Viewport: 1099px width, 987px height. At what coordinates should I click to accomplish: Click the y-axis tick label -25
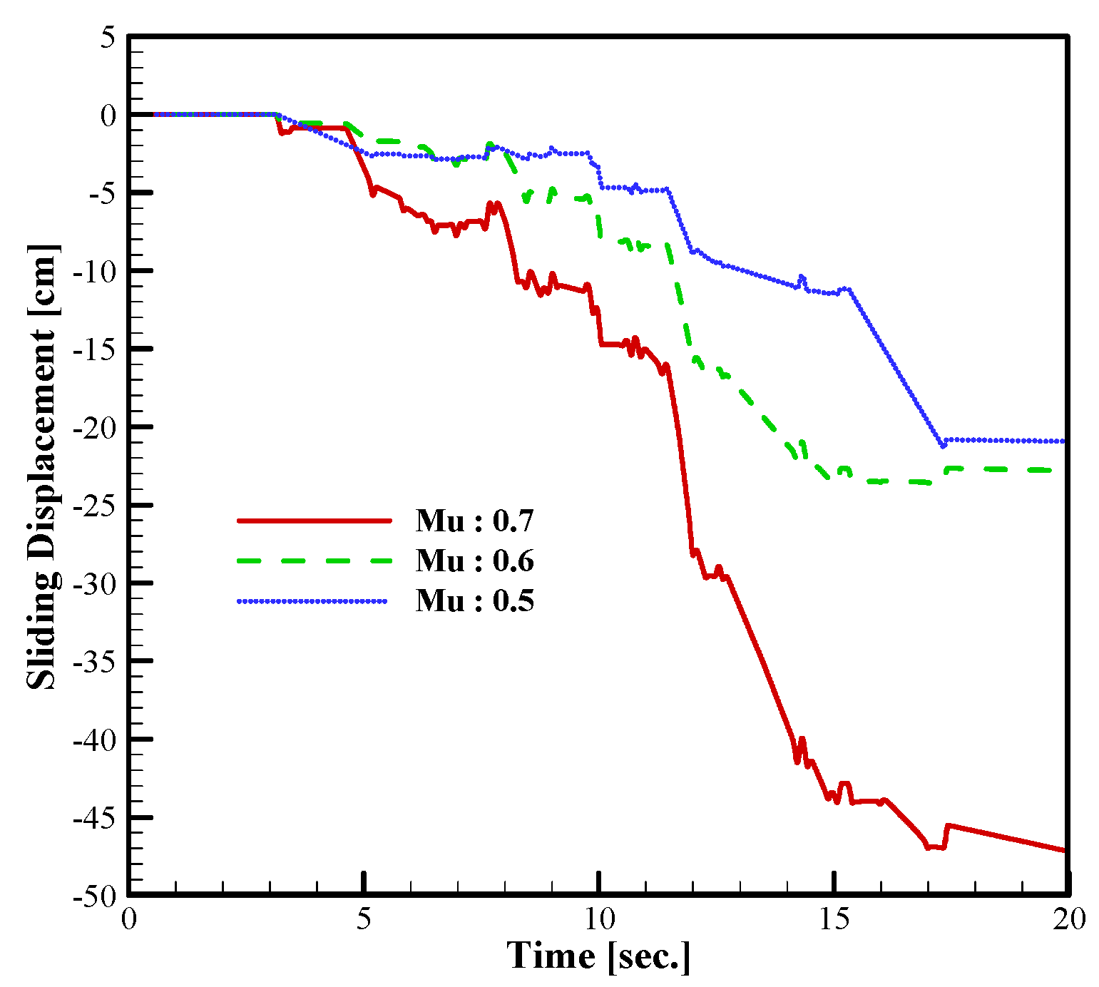click(x=96, y=506)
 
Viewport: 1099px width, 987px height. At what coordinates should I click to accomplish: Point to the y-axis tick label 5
click(x=107, y=37)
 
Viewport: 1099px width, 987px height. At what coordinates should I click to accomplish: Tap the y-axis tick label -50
click(x=96, y=896)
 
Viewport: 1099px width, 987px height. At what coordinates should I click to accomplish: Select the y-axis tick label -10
click(x=96, y=272)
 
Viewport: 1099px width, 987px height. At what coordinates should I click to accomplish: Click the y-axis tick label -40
click(x=96, y=740)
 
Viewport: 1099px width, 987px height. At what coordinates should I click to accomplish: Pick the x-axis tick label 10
click(x=599, y=919)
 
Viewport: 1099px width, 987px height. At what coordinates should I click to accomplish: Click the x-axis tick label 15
click(x=834, y=919)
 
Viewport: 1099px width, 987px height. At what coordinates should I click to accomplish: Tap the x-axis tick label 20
click(x=1068, y=919)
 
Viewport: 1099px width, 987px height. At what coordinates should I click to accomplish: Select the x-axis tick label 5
click(x=364, y=919)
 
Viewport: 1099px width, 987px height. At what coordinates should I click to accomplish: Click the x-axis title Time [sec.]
click(x=598, y=956)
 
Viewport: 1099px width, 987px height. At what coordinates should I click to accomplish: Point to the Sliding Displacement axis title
click(x=42, y=467)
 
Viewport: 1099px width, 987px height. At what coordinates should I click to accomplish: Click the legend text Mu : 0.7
click(x=474, y=521)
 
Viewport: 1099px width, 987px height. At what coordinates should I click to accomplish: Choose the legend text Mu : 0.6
click(x=474, y=561)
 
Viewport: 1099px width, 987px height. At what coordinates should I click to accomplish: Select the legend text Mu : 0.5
click(x=474, y=600)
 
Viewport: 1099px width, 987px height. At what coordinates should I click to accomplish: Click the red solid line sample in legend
click(x=314, y=521)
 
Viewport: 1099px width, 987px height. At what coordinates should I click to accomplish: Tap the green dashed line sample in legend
click(x=314, y=561)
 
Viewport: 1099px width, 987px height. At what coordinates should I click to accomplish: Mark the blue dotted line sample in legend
click(x=314, y=601)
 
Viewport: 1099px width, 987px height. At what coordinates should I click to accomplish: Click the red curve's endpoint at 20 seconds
click(x=1065, y=850)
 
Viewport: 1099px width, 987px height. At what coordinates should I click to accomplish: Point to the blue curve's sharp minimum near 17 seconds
click(x=943, y=446)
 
